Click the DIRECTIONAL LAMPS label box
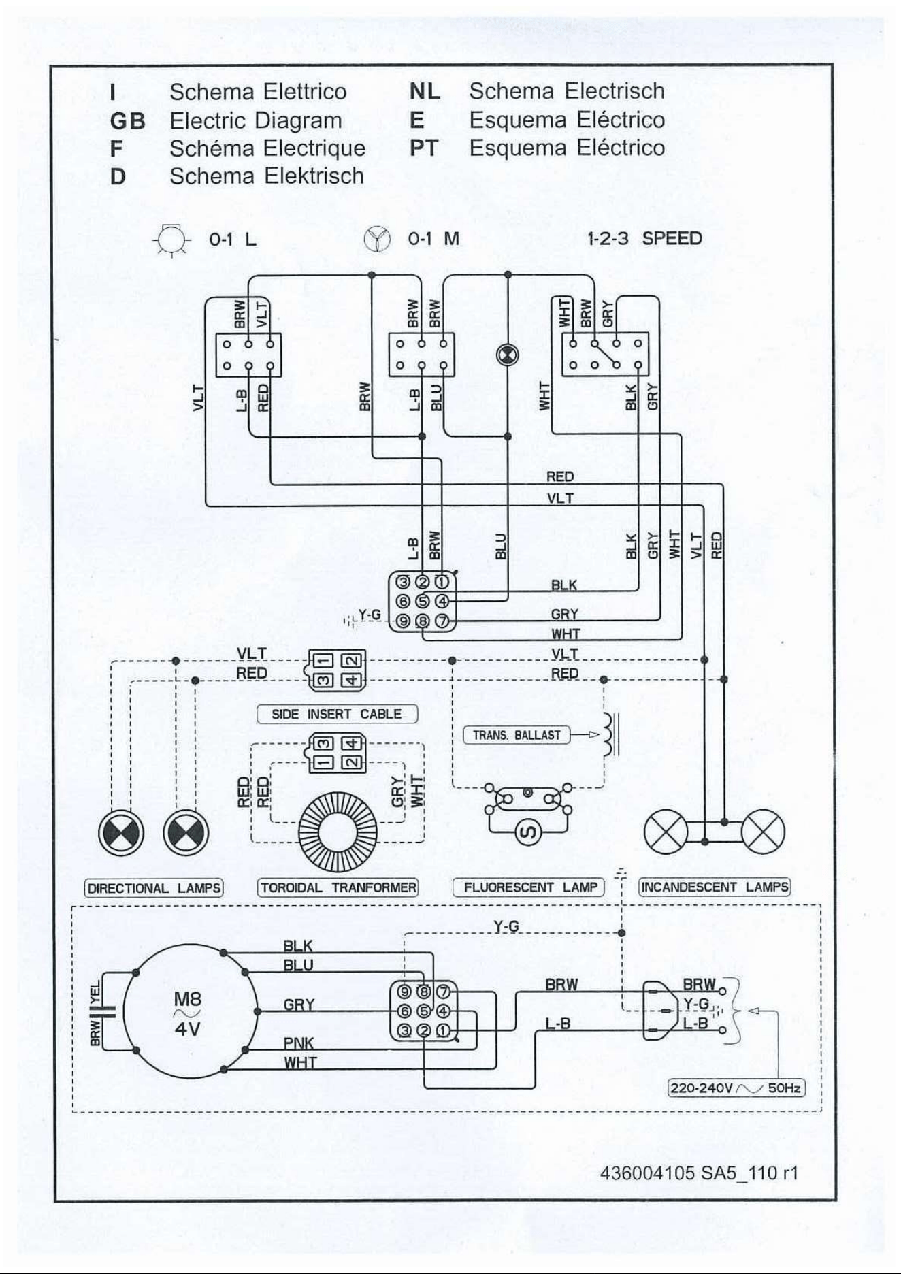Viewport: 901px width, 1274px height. (x=154, y=888)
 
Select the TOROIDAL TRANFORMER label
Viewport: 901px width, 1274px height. (x=338, y=887)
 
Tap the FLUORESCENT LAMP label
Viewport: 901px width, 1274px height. (x=529, y=887)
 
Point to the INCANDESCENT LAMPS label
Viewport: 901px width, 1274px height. (x=715, y=887)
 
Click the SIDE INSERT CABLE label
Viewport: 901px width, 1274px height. (x=337, y=714)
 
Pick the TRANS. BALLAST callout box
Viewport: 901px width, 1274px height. (x=517, y=735)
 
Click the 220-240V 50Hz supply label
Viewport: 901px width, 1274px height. (x=737, y=1088)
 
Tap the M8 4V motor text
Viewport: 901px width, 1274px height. (x=187, y=1013)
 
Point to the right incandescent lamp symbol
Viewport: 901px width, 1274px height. (x=763, y=832)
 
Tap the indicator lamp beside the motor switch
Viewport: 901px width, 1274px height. (x=507, y=355)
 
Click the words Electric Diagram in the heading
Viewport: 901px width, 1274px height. (x=256, y=120)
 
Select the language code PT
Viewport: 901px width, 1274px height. (x=423, y=148)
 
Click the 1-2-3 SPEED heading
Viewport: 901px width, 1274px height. (x=644, y=239)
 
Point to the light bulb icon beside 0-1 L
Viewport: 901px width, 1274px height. (x=171, y=239)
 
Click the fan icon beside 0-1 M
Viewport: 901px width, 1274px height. (x=377, y=239)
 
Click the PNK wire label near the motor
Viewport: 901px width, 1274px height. (x=299, y=1043)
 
